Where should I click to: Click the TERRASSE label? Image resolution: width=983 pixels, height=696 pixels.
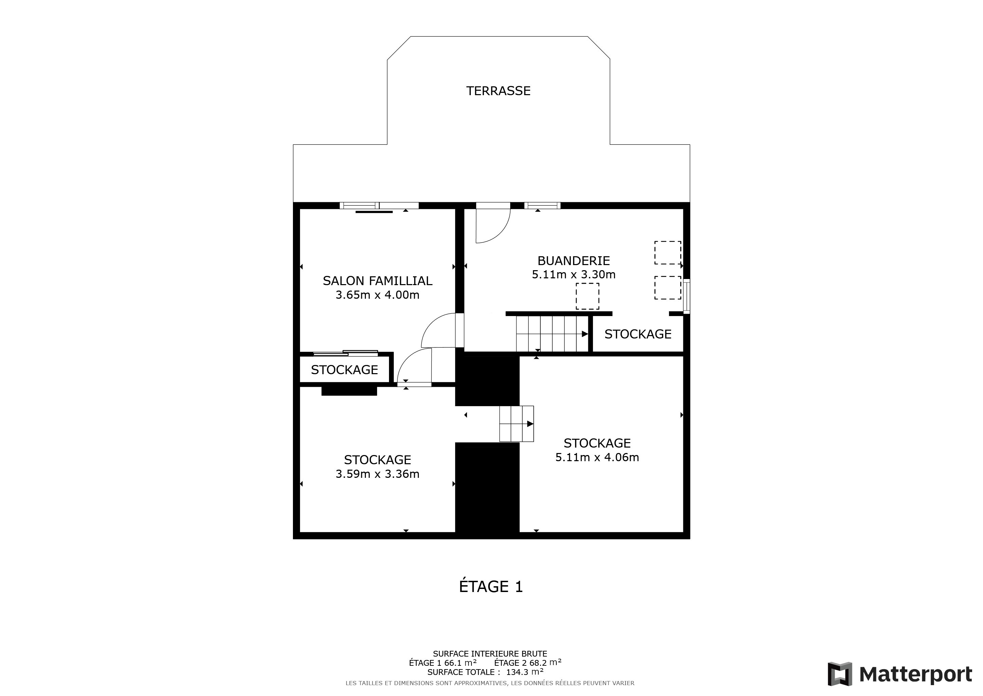[x=498, y=91]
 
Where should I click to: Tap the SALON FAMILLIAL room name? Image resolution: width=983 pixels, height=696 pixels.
[x=377, y=281]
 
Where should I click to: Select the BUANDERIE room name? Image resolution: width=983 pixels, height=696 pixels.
[x=574, y=261]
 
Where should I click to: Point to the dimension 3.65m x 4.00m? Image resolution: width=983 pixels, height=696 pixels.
[x=377, y=295]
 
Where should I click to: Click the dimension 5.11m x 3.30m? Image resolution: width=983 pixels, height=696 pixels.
[x=574, y=274]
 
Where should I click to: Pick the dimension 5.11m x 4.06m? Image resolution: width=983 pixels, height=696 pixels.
[x=597, y=457]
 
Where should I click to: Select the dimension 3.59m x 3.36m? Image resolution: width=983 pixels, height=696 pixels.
[x=377, y=474]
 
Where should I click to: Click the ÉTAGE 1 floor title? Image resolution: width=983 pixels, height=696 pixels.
[x=491, y=586]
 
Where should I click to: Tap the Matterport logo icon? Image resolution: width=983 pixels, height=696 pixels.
[x=839, y=674]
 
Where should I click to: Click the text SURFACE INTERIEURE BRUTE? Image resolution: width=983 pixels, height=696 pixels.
[x=490, y=654]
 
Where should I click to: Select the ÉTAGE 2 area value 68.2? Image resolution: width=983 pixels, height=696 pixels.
[x=538, y=663]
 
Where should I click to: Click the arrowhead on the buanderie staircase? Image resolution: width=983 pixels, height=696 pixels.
[x=585, y=334]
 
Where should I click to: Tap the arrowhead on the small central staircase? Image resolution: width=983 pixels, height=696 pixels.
[x=530, y=424]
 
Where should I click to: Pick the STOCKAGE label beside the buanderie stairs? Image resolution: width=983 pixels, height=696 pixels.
[x=638, y=334]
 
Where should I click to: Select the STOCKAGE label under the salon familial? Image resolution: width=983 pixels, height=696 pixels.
[x=344, y=370]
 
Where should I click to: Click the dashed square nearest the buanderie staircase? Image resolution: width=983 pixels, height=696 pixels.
[x=588, y=296]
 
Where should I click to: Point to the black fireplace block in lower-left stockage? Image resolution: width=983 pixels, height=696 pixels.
[x=349, y=391]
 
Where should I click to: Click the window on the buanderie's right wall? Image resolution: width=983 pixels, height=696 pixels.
[x=687, y=296]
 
